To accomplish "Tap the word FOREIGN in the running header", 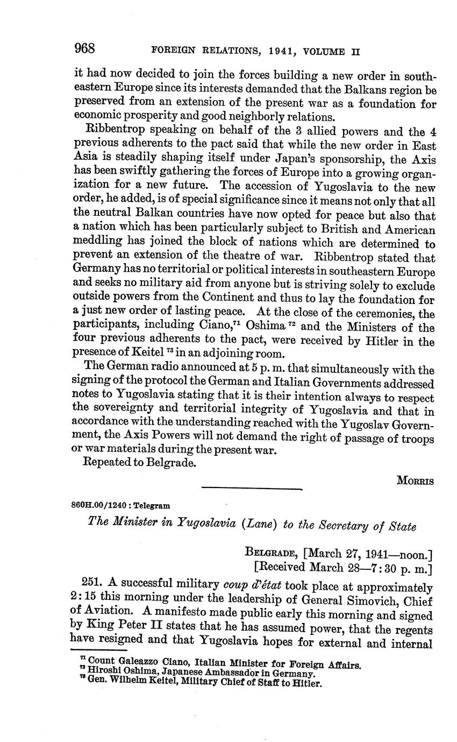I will pyautogui.click(x=171, y=52).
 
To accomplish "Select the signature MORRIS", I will pyautogui.click(x=415, y=480).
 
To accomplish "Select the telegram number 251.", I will pyautogui.click(x=91, y=582).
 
